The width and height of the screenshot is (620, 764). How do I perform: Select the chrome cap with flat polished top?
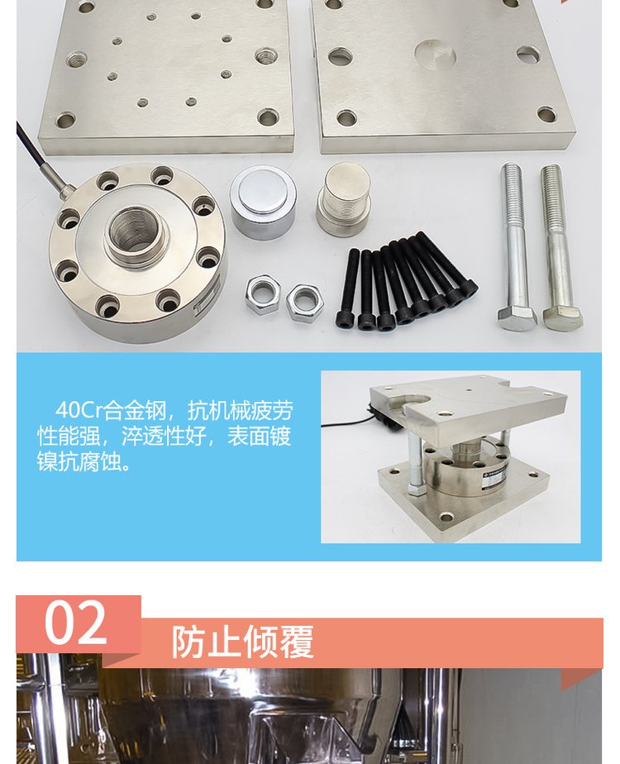264,202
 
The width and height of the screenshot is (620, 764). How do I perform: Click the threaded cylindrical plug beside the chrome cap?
345,198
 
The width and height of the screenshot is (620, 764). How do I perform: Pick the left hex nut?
263,294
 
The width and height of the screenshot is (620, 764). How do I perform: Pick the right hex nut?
305,303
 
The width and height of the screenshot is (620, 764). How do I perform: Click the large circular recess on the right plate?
435,53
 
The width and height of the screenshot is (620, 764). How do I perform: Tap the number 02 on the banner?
75,623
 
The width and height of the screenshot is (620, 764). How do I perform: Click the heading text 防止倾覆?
242,642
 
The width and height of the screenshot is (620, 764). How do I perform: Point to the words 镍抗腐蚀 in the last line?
84,461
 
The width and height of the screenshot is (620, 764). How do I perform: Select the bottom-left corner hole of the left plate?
66,119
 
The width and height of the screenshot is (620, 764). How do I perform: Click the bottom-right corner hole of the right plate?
546,115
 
